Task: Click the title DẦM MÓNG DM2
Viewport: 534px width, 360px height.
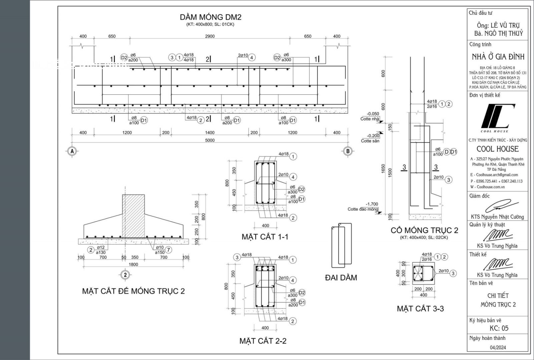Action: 210,17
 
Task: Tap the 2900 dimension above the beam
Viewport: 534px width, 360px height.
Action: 210,36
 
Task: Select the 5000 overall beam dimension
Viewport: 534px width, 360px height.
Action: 210,140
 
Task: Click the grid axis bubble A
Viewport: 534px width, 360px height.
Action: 72,151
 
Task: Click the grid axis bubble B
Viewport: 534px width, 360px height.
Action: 348,151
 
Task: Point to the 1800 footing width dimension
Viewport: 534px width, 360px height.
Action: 133,264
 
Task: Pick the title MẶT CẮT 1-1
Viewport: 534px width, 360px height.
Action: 265,237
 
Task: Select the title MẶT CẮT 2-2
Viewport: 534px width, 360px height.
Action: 263,341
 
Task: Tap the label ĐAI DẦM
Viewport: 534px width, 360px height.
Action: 341,278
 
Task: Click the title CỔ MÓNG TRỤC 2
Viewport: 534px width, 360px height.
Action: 424,230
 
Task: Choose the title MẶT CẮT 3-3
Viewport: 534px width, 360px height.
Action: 420,309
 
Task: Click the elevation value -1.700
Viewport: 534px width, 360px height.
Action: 372,204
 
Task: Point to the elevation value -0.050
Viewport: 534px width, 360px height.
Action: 373,114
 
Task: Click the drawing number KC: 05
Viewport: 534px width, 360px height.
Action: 499,328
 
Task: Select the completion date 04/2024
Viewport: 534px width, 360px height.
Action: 498,347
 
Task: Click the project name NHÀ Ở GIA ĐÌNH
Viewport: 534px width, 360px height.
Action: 498,57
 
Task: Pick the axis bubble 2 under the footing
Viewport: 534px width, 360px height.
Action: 125,275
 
